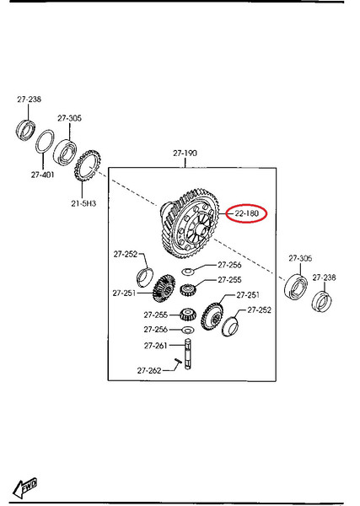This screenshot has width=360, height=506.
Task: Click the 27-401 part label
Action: pyautogui.click(x=43, y=175)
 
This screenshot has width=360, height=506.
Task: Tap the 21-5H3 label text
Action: pyautogui.click(x=83, y=203)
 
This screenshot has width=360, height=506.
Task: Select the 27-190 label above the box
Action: pyautogui.click(x=185, y=153)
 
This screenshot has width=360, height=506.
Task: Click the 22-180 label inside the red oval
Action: pyautogui.click(x=247, y=213)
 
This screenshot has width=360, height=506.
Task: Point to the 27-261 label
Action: pyautogui.click(x=155, y=346)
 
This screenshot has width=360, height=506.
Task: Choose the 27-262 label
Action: pyautogui.click(x=149, y=370)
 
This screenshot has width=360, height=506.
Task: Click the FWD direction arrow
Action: pyautogui.click(x=24, y=487)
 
